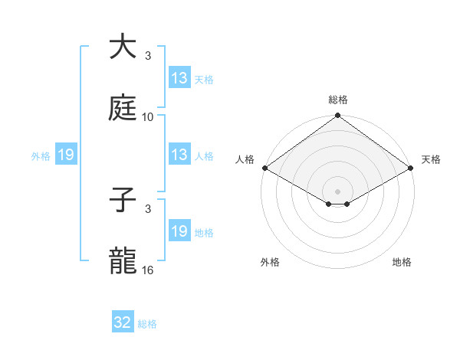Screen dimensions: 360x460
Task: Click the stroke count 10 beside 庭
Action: click(148, 117)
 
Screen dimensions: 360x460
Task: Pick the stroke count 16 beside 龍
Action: click(148, 271)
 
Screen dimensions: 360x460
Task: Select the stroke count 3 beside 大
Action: click(148, 56)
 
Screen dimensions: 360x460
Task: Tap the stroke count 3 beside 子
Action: click(148, 209)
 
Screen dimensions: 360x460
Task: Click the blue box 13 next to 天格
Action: click(179, 78)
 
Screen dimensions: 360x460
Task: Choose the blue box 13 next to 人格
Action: click(179, 155)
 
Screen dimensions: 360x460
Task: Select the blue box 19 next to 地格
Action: click(179, 231)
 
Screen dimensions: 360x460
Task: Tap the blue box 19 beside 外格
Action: click(66, 155)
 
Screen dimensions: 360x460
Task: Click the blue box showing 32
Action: click(123, 322)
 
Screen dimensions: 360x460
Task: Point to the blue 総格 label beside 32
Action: click(148, 324)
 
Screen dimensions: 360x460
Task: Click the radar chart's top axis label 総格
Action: click(338, 100)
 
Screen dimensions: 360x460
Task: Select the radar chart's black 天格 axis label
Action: click(431, 159)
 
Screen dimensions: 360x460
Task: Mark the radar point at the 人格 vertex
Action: click(264, 168)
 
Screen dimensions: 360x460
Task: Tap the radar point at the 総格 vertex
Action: click(337, 116)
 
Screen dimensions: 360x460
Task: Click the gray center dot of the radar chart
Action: click(337, 190)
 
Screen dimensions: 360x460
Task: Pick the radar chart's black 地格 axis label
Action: click(402, 262)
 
